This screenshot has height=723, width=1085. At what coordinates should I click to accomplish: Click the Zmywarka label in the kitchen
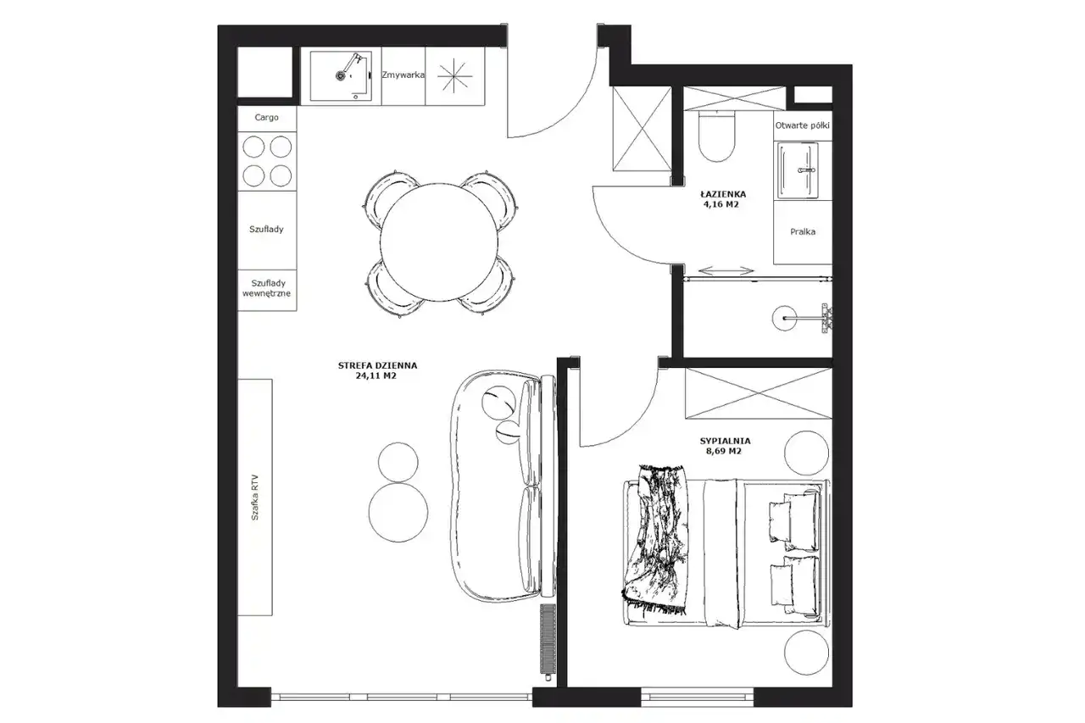[x=403, y=75]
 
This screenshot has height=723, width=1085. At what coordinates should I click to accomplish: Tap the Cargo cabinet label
[x=266, y=117]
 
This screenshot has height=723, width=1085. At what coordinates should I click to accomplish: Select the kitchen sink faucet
[x=350, y=66]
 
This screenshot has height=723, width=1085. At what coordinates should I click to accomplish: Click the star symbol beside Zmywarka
[x=454, y=76]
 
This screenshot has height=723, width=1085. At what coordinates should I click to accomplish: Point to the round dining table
[x=439, y=242]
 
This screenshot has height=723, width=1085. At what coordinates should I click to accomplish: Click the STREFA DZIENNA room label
[x=377, y=365]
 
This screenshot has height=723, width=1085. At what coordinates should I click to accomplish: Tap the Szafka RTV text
[x=255, y=498]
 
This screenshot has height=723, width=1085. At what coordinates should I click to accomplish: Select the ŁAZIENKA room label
[x=723, y=194]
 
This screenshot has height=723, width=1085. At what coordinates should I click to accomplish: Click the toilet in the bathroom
[x=717, y=136]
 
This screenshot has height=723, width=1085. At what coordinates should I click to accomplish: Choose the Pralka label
[x=803, y=232]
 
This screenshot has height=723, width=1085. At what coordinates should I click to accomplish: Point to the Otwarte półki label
[x=802, y=125]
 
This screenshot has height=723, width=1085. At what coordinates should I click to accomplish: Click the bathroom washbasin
[x=798, y=170]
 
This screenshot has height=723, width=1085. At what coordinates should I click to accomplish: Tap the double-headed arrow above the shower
[x=726, y=270]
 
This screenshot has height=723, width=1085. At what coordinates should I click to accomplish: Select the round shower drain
[x=784, y=318]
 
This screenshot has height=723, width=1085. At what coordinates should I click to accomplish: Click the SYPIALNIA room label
[x=725, y=441]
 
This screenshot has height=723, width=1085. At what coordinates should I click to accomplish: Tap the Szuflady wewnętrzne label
[x=266, y=288]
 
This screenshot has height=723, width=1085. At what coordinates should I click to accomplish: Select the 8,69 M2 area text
[x=724, y=451]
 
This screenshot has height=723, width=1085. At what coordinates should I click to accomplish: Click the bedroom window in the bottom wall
[x=698, y=697]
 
